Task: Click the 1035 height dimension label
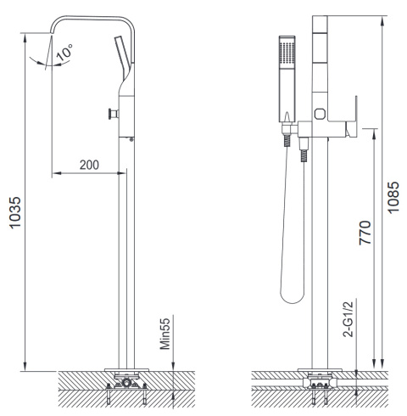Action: [x=15, y=212]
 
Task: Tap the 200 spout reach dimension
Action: [x=89, y=165]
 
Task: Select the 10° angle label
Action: [x=64, y=52]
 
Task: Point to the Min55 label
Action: [x=165, y=334]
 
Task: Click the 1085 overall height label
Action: [x=393, y=197]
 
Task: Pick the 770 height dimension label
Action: [x=365, y=233]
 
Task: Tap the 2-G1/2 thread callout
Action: [x=348, y=319]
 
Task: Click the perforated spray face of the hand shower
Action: [x=287, y=53]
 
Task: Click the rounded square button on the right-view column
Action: [x=320, y=114]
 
